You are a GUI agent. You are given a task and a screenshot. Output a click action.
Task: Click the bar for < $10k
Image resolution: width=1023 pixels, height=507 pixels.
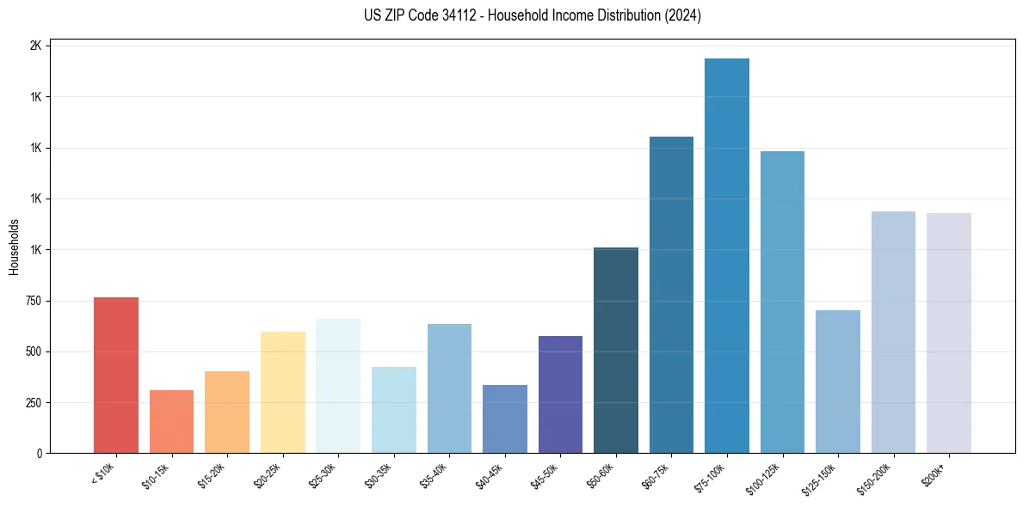[115, 375]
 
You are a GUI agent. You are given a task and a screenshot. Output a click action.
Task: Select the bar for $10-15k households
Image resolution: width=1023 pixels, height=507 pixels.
[171, 421]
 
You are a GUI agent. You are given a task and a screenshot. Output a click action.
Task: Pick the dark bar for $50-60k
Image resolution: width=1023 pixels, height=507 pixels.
[615, 350]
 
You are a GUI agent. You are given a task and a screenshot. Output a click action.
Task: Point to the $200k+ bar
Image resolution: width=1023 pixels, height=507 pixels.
[948, 333]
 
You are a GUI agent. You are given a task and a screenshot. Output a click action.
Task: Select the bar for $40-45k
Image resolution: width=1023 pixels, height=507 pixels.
[504, 418]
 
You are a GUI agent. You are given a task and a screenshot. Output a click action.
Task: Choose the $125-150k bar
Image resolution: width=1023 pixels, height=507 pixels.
[837, 382]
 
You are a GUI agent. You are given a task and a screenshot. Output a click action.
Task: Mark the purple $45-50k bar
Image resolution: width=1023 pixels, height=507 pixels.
[560, 394]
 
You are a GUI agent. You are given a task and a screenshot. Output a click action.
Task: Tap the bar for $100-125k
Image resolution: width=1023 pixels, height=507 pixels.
[782, 302]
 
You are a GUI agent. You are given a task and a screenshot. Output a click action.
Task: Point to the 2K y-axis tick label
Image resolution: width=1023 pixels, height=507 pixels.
[35, 46]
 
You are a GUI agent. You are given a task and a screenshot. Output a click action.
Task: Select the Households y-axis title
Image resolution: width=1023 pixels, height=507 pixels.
[14, 247]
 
